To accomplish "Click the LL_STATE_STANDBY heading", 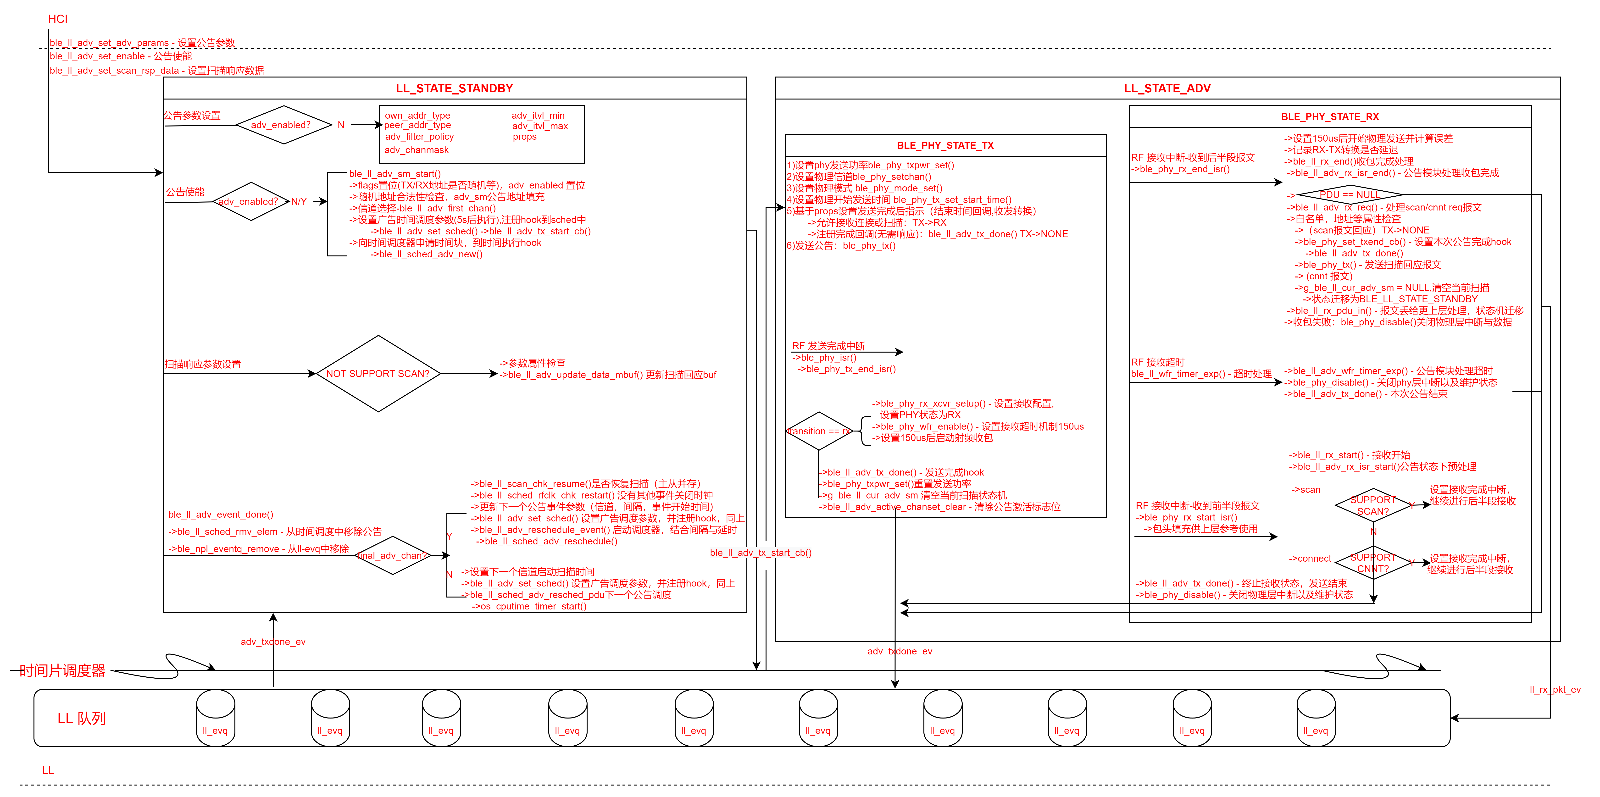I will [x=454, y=88].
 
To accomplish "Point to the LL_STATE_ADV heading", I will [x=1167, y=88].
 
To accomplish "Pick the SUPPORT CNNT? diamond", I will [x=1373, y=563].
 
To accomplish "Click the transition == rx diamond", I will [x=819, y=431].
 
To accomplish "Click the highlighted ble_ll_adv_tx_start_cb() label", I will [x=760, y=552].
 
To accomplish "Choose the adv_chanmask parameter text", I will [x=416, y=150].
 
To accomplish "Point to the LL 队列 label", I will [x=81, y=718].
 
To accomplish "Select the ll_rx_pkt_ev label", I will [x=1555, y=690].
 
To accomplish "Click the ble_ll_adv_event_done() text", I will [x=221, y=514].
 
